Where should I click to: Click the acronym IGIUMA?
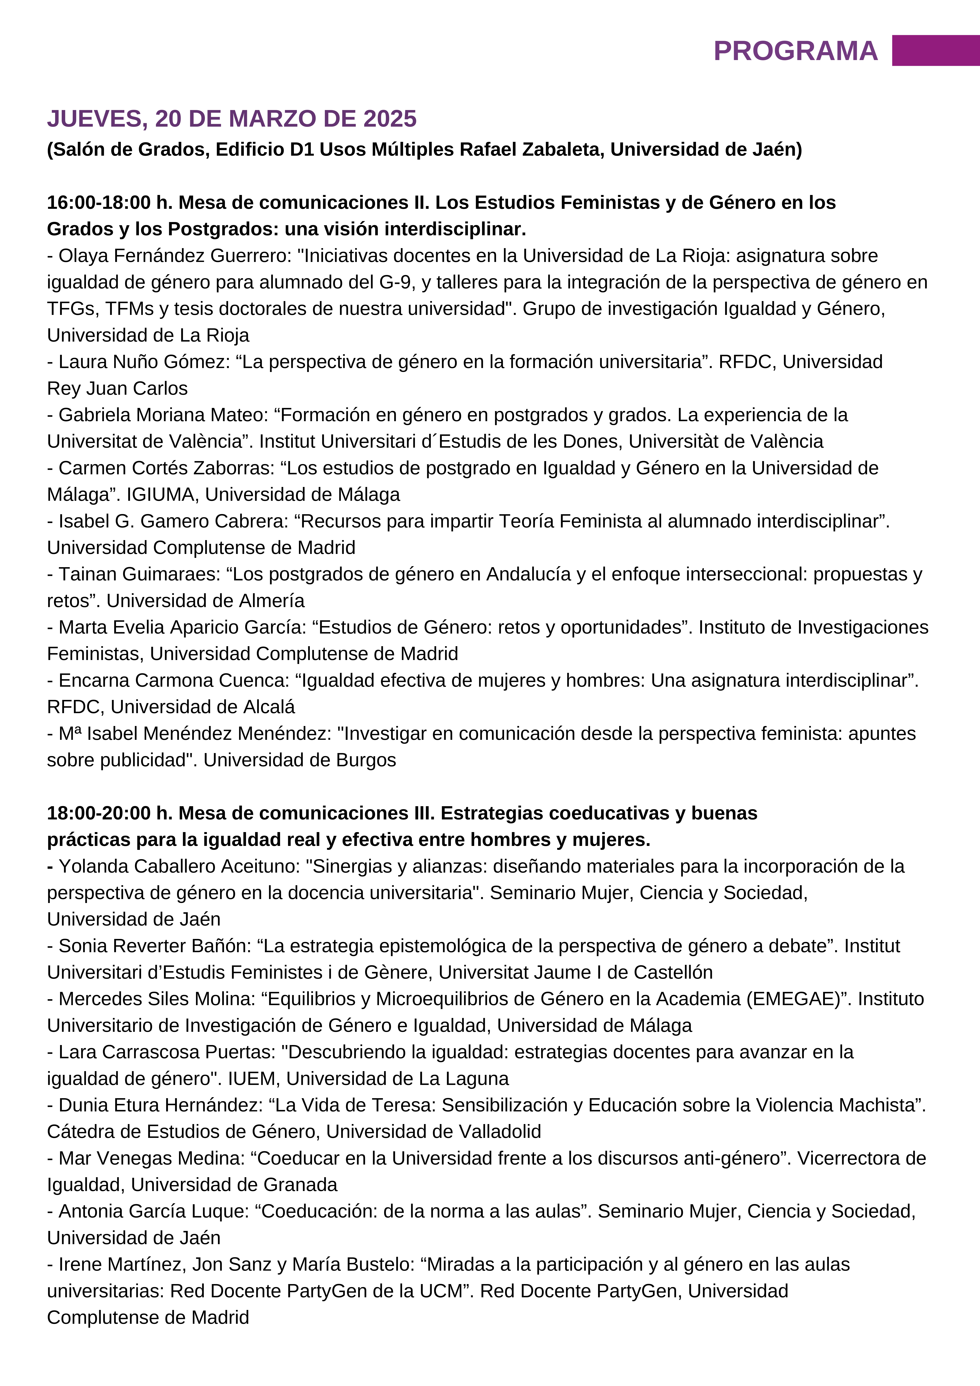click(162, 494)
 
